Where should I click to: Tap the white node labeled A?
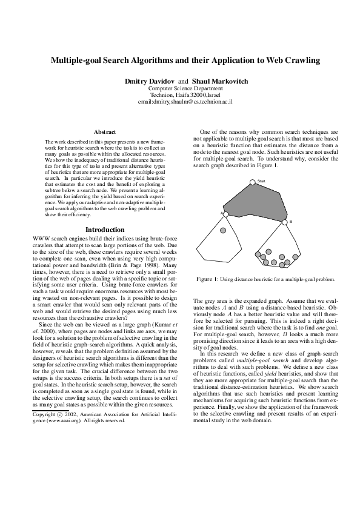pos(225,214)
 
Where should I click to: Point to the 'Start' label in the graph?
pos(261,181)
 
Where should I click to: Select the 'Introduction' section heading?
pos(105,230)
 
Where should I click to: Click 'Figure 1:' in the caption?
pos(208,279)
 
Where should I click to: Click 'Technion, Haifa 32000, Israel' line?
pos(181,95)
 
